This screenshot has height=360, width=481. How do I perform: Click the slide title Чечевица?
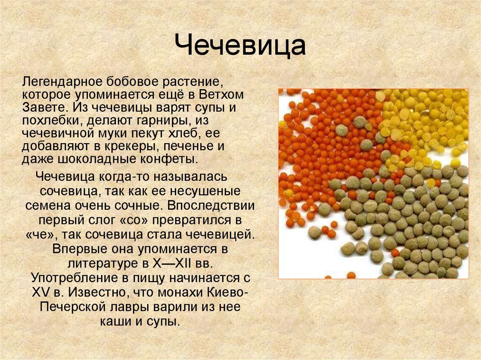tap(240, 46)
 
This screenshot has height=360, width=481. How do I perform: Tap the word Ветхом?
tap(221, 95)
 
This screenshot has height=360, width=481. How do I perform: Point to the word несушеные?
tap(205, 191)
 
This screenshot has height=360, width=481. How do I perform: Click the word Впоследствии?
tap(211, 206)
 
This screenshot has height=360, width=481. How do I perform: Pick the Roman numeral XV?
tap(41, 292)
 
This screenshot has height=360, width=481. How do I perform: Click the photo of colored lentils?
tap(373, 184)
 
